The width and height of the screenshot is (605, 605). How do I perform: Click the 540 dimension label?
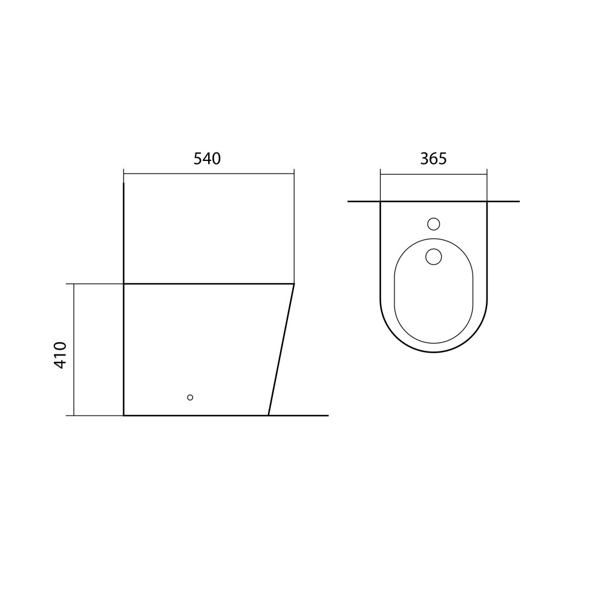coord(207,159)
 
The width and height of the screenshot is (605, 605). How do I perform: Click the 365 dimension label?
coord(433,159)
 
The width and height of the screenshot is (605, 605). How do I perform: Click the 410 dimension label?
coord(60,355)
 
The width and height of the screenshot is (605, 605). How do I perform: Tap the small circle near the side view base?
coord(190,397)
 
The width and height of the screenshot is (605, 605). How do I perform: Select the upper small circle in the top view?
coord(434,224)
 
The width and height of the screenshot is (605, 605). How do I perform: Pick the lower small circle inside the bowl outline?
coord(434,257)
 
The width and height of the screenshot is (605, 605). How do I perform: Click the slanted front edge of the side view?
coord(281,350)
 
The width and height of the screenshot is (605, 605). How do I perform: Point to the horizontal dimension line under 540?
coord(209,174)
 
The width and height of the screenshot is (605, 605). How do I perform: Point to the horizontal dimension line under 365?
coord(434,174)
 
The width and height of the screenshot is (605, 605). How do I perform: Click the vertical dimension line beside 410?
coord(74,350)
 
